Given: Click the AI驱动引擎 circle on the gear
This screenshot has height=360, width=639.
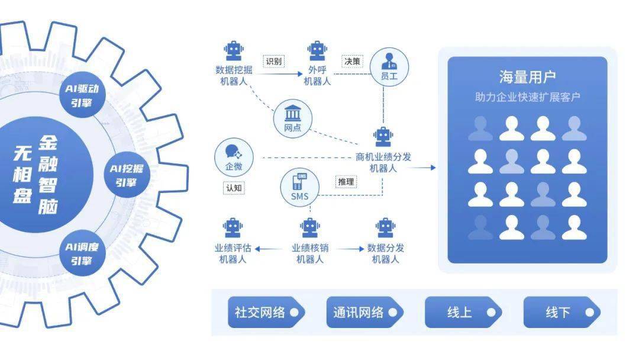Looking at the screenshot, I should click(x=83, y=97).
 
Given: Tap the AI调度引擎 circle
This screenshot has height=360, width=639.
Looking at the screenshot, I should click(x=83, y=253).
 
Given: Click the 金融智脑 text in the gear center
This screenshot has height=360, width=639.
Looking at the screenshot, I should click(x=49, y=175).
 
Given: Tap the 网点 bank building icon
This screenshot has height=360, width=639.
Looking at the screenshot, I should click(x=293, y=118).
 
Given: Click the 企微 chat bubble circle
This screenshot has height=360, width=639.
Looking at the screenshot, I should click(x=234, y=157).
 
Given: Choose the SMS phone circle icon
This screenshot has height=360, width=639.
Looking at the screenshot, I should click(x=299, y=186).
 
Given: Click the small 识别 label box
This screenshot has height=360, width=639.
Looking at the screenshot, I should click(x=273, y=61).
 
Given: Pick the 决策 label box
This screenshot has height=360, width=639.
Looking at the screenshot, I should click(x=352, y=61).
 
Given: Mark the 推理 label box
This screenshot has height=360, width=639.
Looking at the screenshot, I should click(x=346, y=182).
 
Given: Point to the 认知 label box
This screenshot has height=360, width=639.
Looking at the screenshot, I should click(x=234, y=188).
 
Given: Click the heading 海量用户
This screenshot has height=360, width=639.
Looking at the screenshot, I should click(x=527, y=77).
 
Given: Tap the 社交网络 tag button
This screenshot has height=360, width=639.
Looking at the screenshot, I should click(x=266, y=313).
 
